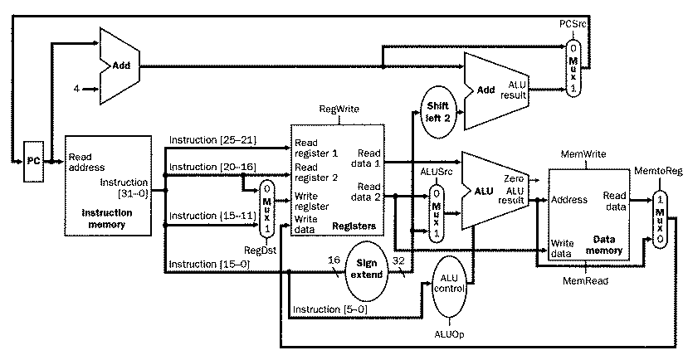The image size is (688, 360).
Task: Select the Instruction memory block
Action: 106,186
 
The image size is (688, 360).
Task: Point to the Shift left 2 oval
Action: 437,111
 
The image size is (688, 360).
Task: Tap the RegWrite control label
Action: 338,110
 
